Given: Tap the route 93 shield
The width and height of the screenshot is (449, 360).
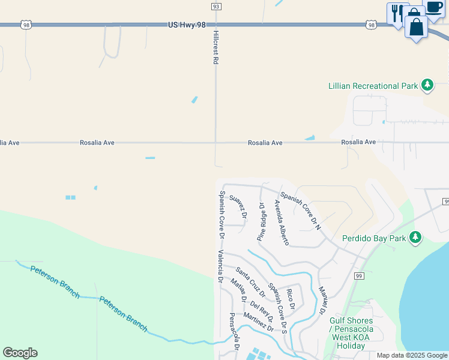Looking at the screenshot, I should click(215, 6).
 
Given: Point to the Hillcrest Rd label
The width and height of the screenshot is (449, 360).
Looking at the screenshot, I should click(215, 49).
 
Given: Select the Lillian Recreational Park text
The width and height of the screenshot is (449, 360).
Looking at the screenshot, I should click(373, 86).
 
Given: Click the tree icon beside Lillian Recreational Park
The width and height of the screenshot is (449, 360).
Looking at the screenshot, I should click(427, 86).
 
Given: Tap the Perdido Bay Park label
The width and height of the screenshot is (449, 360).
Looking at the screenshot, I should click(375, 238).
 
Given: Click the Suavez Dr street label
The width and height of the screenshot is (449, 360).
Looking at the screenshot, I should click(239, 206).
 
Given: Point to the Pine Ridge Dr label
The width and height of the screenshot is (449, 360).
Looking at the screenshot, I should click(262, 221).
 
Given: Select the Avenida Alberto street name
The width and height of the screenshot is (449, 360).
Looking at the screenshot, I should click(282, 223).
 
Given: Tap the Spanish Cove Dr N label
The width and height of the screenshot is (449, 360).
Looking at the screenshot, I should click(301, 210).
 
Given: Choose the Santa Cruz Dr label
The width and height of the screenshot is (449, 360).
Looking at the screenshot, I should click(250, 281).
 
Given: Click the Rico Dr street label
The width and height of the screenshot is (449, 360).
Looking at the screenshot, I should click(291, 299).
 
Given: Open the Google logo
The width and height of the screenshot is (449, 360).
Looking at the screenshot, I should click(20, 353).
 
